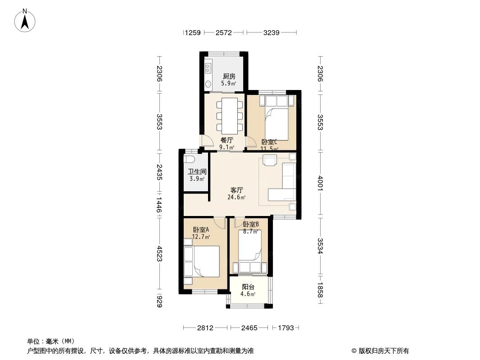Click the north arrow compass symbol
tap(25, 21)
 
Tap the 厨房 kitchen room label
tap(229, 76)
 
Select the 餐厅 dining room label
tap(227, 140)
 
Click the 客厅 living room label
tap(237, 190)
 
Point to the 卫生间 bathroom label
tap(197, 172)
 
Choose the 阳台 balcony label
tap(248, 287)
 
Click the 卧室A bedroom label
tap(201, 229)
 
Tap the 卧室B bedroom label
tap(251, 224)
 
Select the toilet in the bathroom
tap(189, 159)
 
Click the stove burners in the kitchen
tap(208, 68)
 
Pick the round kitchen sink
tap(208, 84)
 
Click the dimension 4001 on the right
tap(321, 183)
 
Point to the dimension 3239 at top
tap(271, 32)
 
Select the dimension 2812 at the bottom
tap(205, 328)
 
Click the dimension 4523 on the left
tap(159, 253)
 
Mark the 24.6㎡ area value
tap(236, 197)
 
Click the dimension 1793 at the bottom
tap(286, 328)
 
